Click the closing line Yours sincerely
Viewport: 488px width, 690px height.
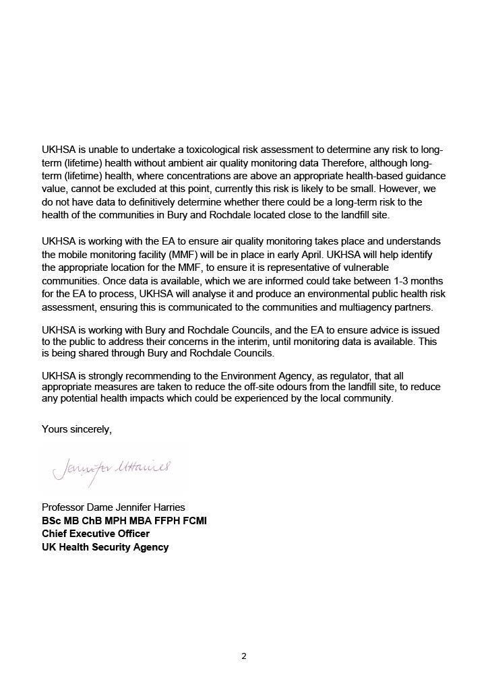point(77,429)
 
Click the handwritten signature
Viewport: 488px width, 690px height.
point(111,468)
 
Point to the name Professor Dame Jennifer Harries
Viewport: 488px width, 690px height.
point(113,507)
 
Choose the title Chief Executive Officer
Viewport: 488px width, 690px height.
point(96,534)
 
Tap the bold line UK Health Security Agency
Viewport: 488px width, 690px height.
point(105,547)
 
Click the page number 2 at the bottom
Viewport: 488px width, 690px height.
point(244,656)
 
